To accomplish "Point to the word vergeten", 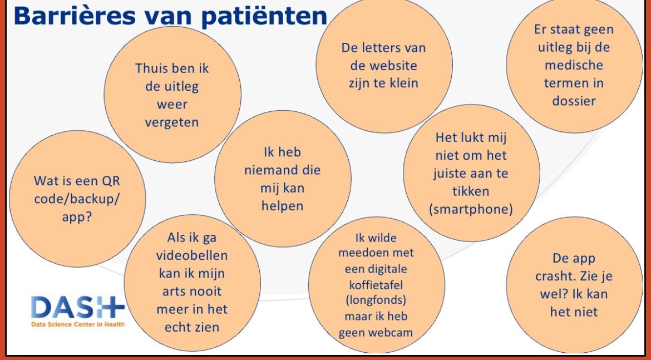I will [x=172, y=122].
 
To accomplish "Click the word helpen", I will [x=283, y=206].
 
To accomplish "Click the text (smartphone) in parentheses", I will [x=471, y=209].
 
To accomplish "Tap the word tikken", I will [x=471, y=191].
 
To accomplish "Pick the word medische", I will [x=574, y=65].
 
